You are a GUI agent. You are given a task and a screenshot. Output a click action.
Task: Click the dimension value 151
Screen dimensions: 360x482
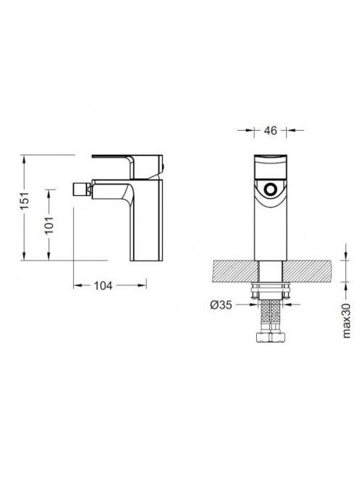click(x=25, y=201)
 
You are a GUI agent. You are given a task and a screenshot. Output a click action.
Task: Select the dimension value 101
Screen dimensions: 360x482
click(x=49, y=225)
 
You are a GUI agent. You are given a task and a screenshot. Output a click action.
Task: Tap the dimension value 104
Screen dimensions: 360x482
click(x=103, y=286)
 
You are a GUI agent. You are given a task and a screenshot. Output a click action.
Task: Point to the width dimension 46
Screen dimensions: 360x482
click(x=271, y=131)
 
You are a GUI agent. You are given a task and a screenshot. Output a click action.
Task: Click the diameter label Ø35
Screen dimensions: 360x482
click(x=221, y=305)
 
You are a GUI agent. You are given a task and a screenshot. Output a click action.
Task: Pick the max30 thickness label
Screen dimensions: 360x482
click(x=346, y=320)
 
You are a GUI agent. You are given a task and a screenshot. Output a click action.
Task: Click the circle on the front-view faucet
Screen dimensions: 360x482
click(x=271, y=189)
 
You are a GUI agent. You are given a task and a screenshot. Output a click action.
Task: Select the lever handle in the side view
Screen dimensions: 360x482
click(x=128, y=166)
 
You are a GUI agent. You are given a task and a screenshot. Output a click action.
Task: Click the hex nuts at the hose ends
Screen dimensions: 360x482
click(x=271, y=337)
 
